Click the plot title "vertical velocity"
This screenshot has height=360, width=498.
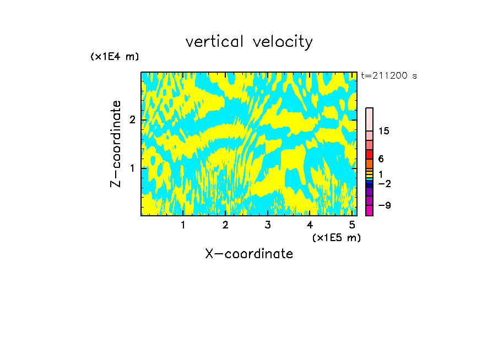click(249, 42)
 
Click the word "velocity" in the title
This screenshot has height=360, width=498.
click(283, 42)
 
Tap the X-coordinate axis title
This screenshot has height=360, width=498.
click(249, 254)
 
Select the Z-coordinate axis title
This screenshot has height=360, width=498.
click(116, 144)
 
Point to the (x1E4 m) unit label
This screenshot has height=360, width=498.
click(115, 57)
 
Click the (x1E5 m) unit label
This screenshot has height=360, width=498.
click(336, 237)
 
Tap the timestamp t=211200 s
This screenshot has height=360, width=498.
click(389, 76)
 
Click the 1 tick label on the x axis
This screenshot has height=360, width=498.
click(183, 225)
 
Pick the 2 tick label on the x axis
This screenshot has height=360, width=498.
click(225, 225)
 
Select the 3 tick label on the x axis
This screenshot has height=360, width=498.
click(268, 225)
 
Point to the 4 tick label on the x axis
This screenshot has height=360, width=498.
click(310, 225)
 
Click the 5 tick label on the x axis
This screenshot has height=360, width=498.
click(352, 225)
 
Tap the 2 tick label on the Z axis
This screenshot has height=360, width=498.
click(132, 120)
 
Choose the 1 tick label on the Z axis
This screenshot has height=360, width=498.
click(132, 168)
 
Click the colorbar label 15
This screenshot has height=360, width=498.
click(384, 132)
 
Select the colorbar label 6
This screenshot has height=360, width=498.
click(381, 159)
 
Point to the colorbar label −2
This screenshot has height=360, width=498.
click(384, 183)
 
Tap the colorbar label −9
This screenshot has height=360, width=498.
click(384, 205)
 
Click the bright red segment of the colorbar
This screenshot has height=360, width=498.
click(369, 154)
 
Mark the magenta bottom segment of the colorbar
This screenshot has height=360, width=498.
click(369, 211)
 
